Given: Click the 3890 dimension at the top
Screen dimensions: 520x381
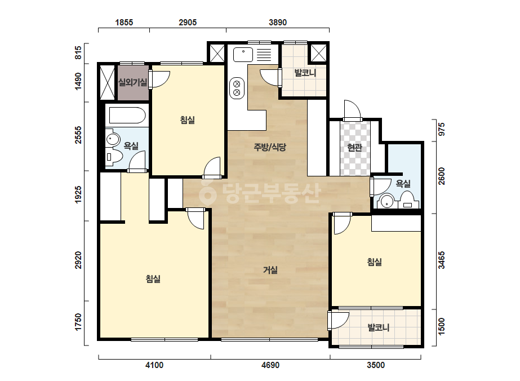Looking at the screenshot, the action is pyautogui.click(x=278, y=22).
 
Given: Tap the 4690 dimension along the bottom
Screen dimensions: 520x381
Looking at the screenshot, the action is pyautogui.click(x=270, y=365).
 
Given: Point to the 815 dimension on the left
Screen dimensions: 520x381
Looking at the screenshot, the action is pyautogui.click(x=78, y=53).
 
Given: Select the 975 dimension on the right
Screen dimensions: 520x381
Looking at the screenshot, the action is pyautogui.click(x=441, y=130).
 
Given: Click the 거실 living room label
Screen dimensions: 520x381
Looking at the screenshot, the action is pyautogui.click(x=270, y=270).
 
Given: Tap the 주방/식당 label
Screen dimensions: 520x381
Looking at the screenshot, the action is pyautogui.click(x=270, y=147).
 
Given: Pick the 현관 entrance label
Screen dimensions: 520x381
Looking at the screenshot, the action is pyautogui.click(x=354, y=147).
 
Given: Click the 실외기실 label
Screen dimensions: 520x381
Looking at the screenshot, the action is pyautogui.click(x=132, y=82).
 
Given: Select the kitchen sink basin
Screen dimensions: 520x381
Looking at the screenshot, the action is pyautogui.click(x=243, y=55).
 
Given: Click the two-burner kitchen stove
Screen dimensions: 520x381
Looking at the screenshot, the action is pyautogui.click(x=237, y=88).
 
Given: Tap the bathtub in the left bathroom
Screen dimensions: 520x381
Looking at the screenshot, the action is pyautogui.click(x=127, y=115).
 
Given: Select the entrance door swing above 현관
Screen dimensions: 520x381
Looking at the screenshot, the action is pyautogui.click(x=352, y=109).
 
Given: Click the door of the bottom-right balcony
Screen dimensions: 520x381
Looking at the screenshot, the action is pyautogui.click(x=338, y=320).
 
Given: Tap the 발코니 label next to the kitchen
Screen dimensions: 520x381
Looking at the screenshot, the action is pyautogui.click(x=305, y=73).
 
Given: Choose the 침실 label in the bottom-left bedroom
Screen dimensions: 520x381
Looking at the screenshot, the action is pyautogui.click(x=153, y=279).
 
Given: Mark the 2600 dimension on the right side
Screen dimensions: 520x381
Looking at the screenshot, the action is pyautogui.click(x=441, y=176).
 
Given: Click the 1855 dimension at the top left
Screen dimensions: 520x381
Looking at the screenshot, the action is pyautogui.click(x=124, y=22).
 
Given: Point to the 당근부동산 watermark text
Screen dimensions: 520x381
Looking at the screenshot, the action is pyautogui.click(x=260, y=193).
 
